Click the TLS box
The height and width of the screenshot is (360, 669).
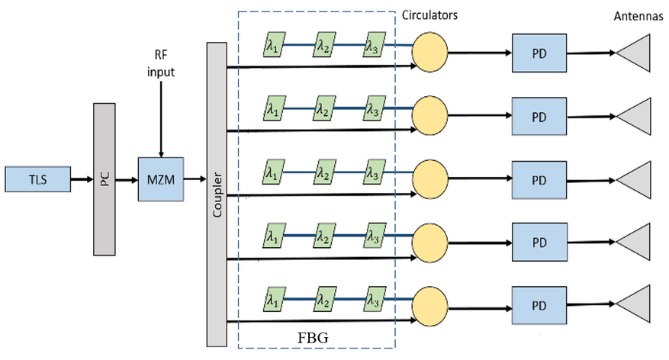click(x=36, y=179)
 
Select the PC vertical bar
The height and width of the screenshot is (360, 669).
click(x=105, y=179)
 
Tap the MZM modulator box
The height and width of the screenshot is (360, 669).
click(x=160, y=179)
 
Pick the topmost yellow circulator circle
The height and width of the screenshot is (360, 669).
click(x=429, y=52)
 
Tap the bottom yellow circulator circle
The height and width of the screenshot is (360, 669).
click(x=429, y=302)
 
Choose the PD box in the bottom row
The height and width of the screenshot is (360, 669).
click(x=539, y=303)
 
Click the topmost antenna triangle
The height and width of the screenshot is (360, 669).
click(x=636, y=53)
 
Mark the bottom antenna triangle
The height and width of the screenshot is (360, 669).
click(x=636, y=302)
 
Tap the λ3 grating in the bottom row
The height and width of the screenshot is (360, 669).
click(x=375, y=294)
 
